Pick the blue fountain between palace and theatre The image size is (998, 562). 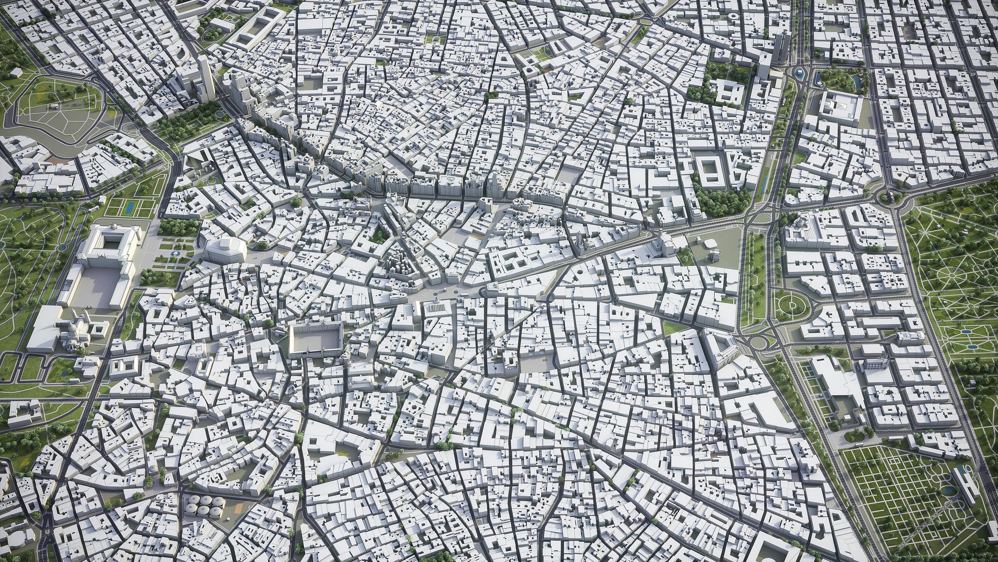(x=175, y=253)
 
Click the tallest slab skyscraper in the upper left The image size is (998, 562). (x=205, y=80)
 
